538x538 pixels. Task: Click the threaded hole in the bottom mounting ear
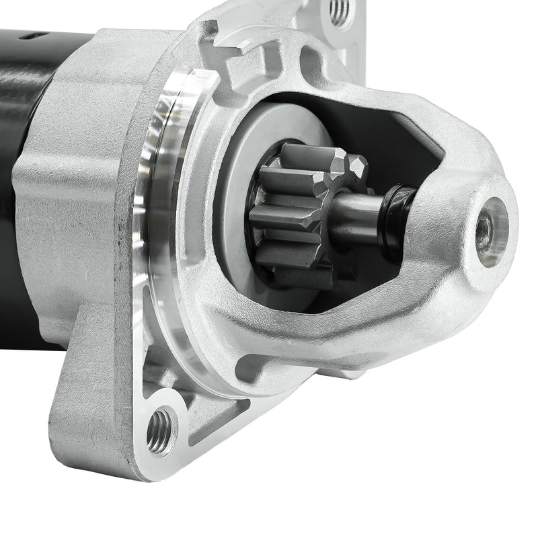click(x=160, y=431)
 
